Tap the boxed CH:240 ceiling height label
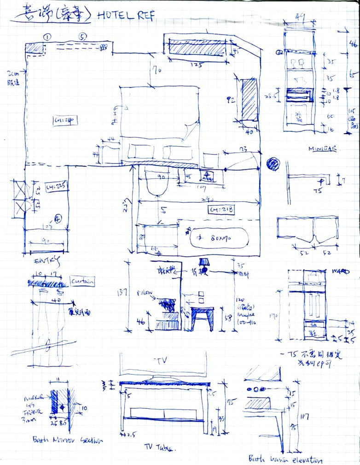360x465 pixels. coord(64,121)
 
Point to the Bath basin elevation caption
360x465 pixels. coord(285,459)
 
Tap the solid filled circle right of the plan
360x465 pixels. coord(273,164)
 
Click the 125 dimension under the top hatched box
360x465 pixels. coord(196,65)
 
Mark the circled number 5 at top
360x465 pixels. coord(82,37)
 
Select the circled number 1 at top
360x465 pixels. coord(47,37)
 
